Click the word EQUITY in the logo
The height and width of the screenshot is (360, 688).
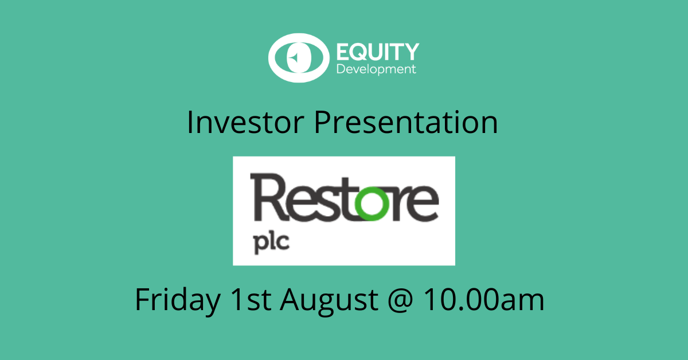click(378, 52)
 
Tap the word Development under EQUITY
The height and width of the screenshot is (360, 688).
click(376, 69)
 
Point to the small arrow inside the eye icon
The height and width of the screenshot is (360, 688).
click(294, 57)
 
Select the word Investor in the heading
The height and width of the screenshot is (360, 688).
click(245, 122)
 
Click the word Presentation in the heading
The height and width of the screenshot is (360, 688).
click(405, 122)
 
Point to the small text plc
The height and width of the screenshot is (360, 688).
click(272, 242)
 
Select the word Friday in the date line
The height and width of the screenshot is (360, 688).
click(178, 300)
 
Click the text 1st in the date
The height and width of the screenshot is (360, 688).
click(251, 299)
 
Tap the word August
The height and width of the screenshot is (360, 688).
click(329, 301)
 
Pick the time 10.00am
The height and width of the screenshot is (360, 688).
click(484, 299)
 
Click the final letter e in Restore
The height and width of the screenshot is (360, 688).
click(423, 204)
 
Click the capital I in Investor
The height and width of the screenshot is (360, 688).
click(190, 122)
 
